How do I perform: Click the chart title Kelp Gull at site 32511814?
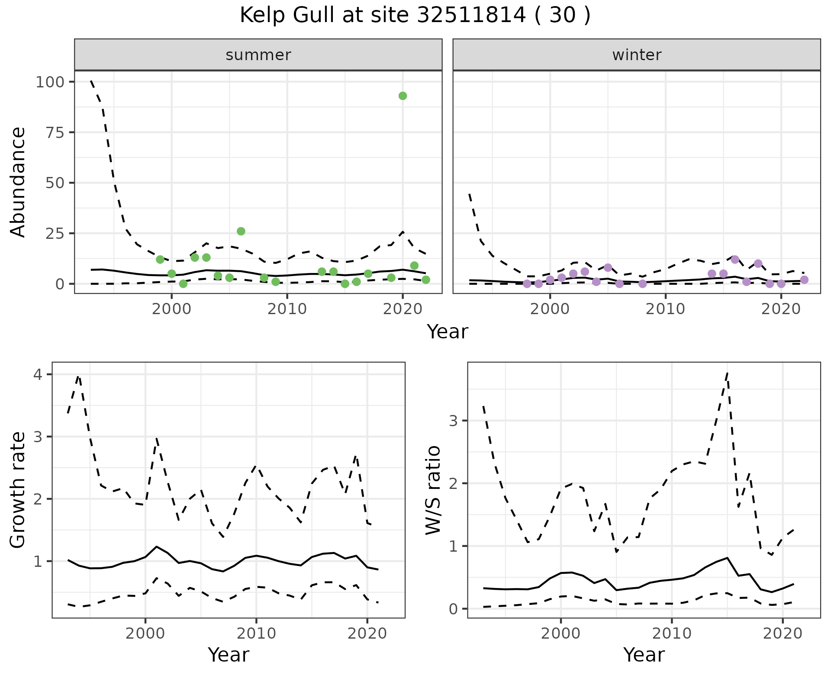coord(415,16)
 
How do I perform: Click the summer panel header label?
coord(258,55)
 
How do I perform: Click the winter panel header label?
coord(637,55)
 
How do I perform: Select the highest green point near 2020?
coord(403,96)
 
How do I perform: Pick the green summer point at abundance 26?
coord(241,231)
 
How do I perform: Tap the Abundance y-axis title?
coord(18,182)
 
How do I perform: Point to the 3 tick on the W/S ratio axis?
coord(453,421)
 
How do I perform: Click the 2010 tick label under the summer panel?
coord(287,309)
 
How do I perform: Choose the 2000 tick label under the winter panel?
coord(550,309)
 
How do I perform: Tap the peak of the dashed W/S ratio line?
coord(728,373)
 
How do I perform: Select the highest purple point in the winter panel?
coord(735,260)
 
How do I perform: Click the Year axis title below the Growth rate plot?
coord(229,655)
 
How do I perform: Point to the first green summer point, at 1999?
coord(160,260)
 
